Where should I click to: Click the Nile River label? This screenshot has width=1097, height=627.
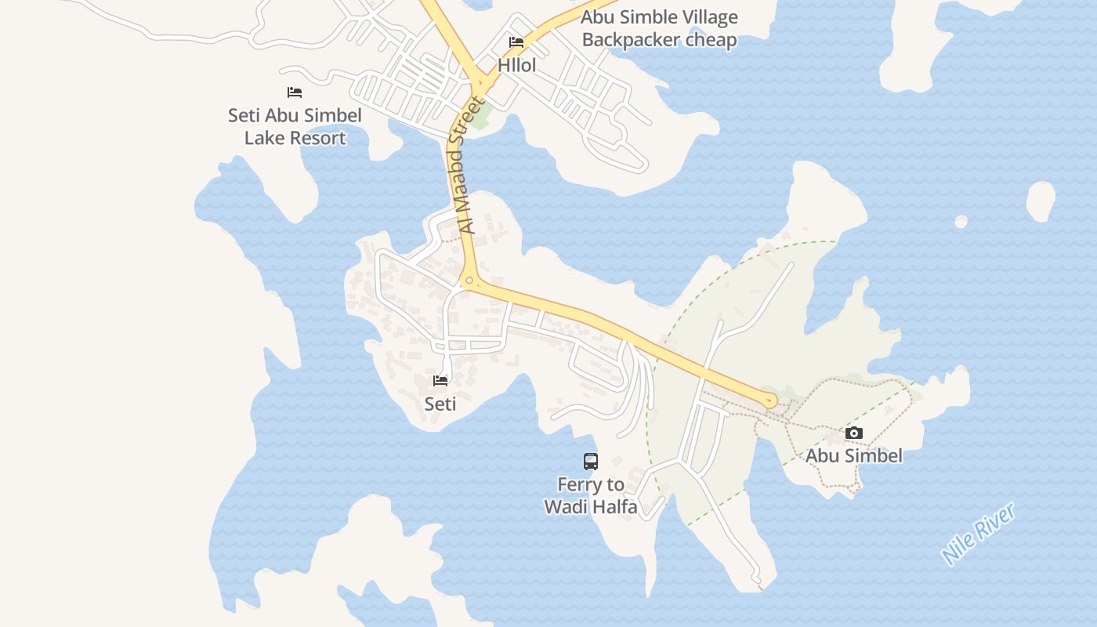tap(979, 534)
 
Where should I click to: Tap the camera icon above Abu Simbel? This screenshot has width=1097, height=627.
tap(854, 433)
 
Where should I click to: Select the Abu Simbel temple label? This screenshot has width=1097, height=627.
tap(854, 455)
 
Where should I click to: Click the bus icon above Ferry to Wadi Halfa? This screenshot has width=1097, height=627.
tap(591, 462)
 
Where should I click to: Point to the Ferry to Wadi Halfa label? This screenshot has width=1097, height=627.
tap(591, 496)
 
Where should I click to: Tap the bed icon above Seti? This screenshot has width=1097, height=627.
tap(440, 381)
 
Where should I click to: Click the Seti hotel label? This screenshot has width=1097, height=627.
tap(440, 404)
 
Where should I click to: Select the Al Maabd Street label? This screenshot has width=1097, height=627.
tap(467, 165)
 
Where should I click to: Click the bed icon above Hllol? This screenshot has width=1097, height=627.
tap(516, 42)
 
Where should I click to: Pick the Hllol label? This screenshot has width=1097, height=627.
tap(517, 65)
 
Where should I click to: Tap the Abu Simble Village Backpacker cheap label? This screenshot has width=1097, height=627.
tap(659, 28)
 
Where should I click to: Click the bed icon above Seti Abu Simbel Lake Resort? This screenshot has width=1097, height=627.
tap(295, 92)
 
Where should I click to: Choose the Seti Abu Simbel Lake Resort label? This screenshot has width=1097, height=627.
tap(295, 126)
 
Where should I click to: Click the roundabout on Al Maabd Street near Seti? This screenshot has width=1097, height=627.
tap(469, 281)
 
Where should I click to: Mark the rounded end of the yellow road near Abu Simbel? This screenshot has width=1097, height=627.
tap(770, 400)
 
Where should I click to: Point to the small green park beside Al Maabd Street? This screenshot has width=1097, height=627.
tap(481, 118)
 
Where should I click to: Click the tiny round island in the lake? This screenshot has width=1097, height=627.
tap(961, 222)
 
